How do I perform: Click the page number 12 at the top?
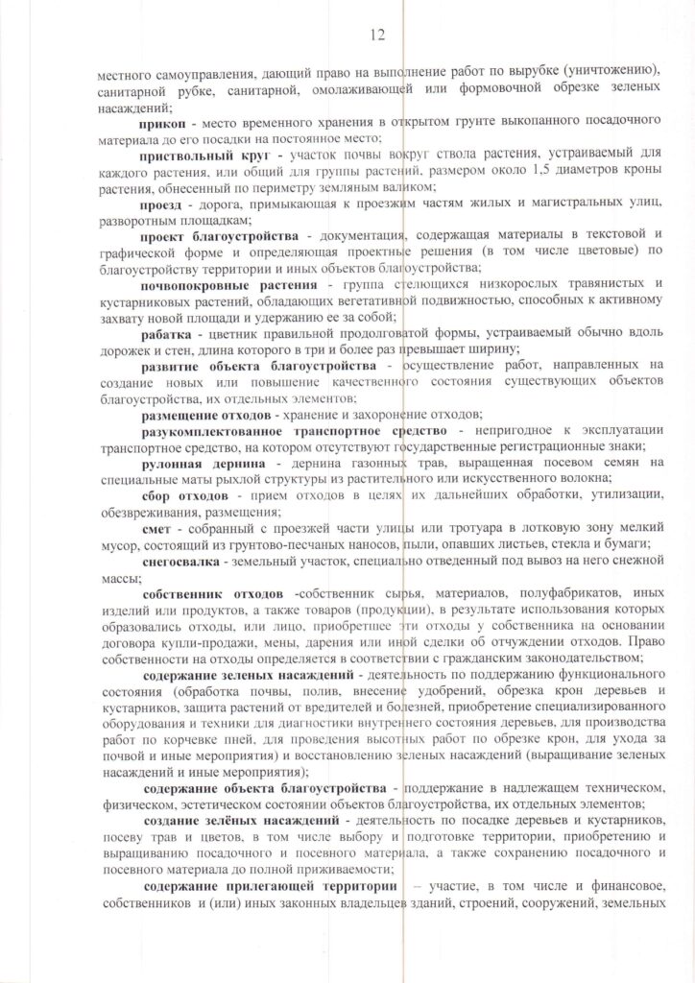pos(376,36)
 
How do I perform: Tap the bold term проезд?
pos(161,205)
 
